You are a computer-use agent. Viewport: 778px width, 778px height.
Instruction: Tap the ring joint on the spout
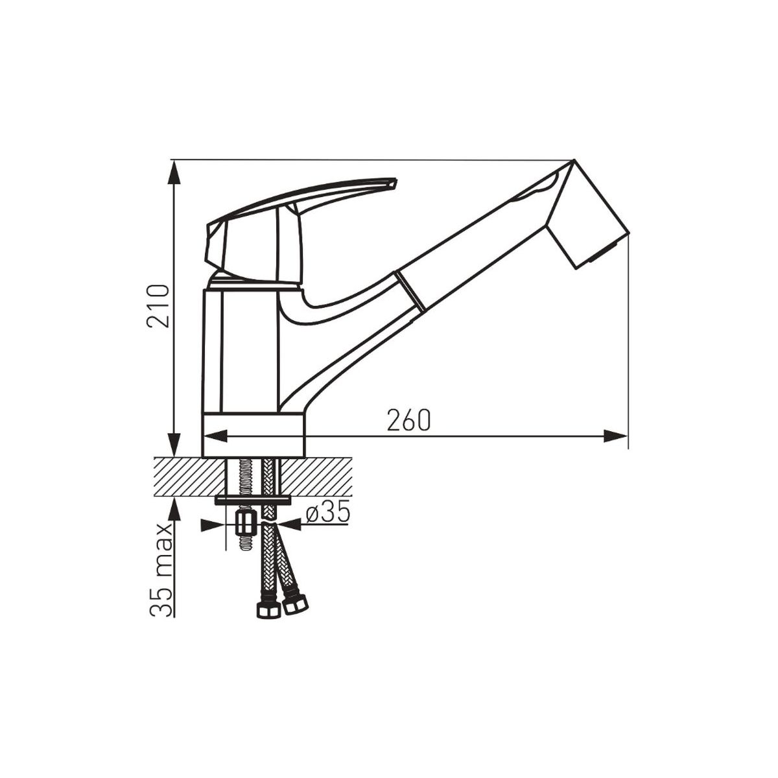click(410, 292)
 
